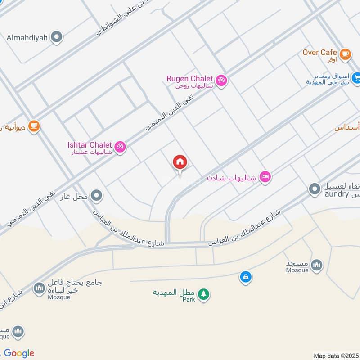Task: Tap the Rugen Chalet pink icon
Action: coord(221,81)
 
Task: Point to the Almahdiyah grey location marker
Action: coord(56,37)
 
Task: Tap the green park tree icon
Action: coord(204,294)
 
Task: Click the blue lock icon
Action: coord(245,277)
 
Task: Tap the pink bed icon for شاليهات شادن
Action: coord(265,178)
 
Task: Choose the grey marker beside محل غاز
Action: coord(96,196)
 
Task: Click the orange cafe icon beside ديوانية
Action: coord(33,126)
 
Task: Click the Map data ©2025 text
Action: coord(336,356)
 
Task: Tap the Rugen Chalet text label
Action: coord(189,78)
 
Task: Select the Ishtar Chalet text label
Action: coord(90,144)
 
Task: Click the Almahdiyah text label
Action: coord(27,38)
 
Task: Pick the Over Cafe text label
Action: coord(319,53)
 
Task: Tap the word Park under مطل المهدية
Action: coord(189,299)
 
